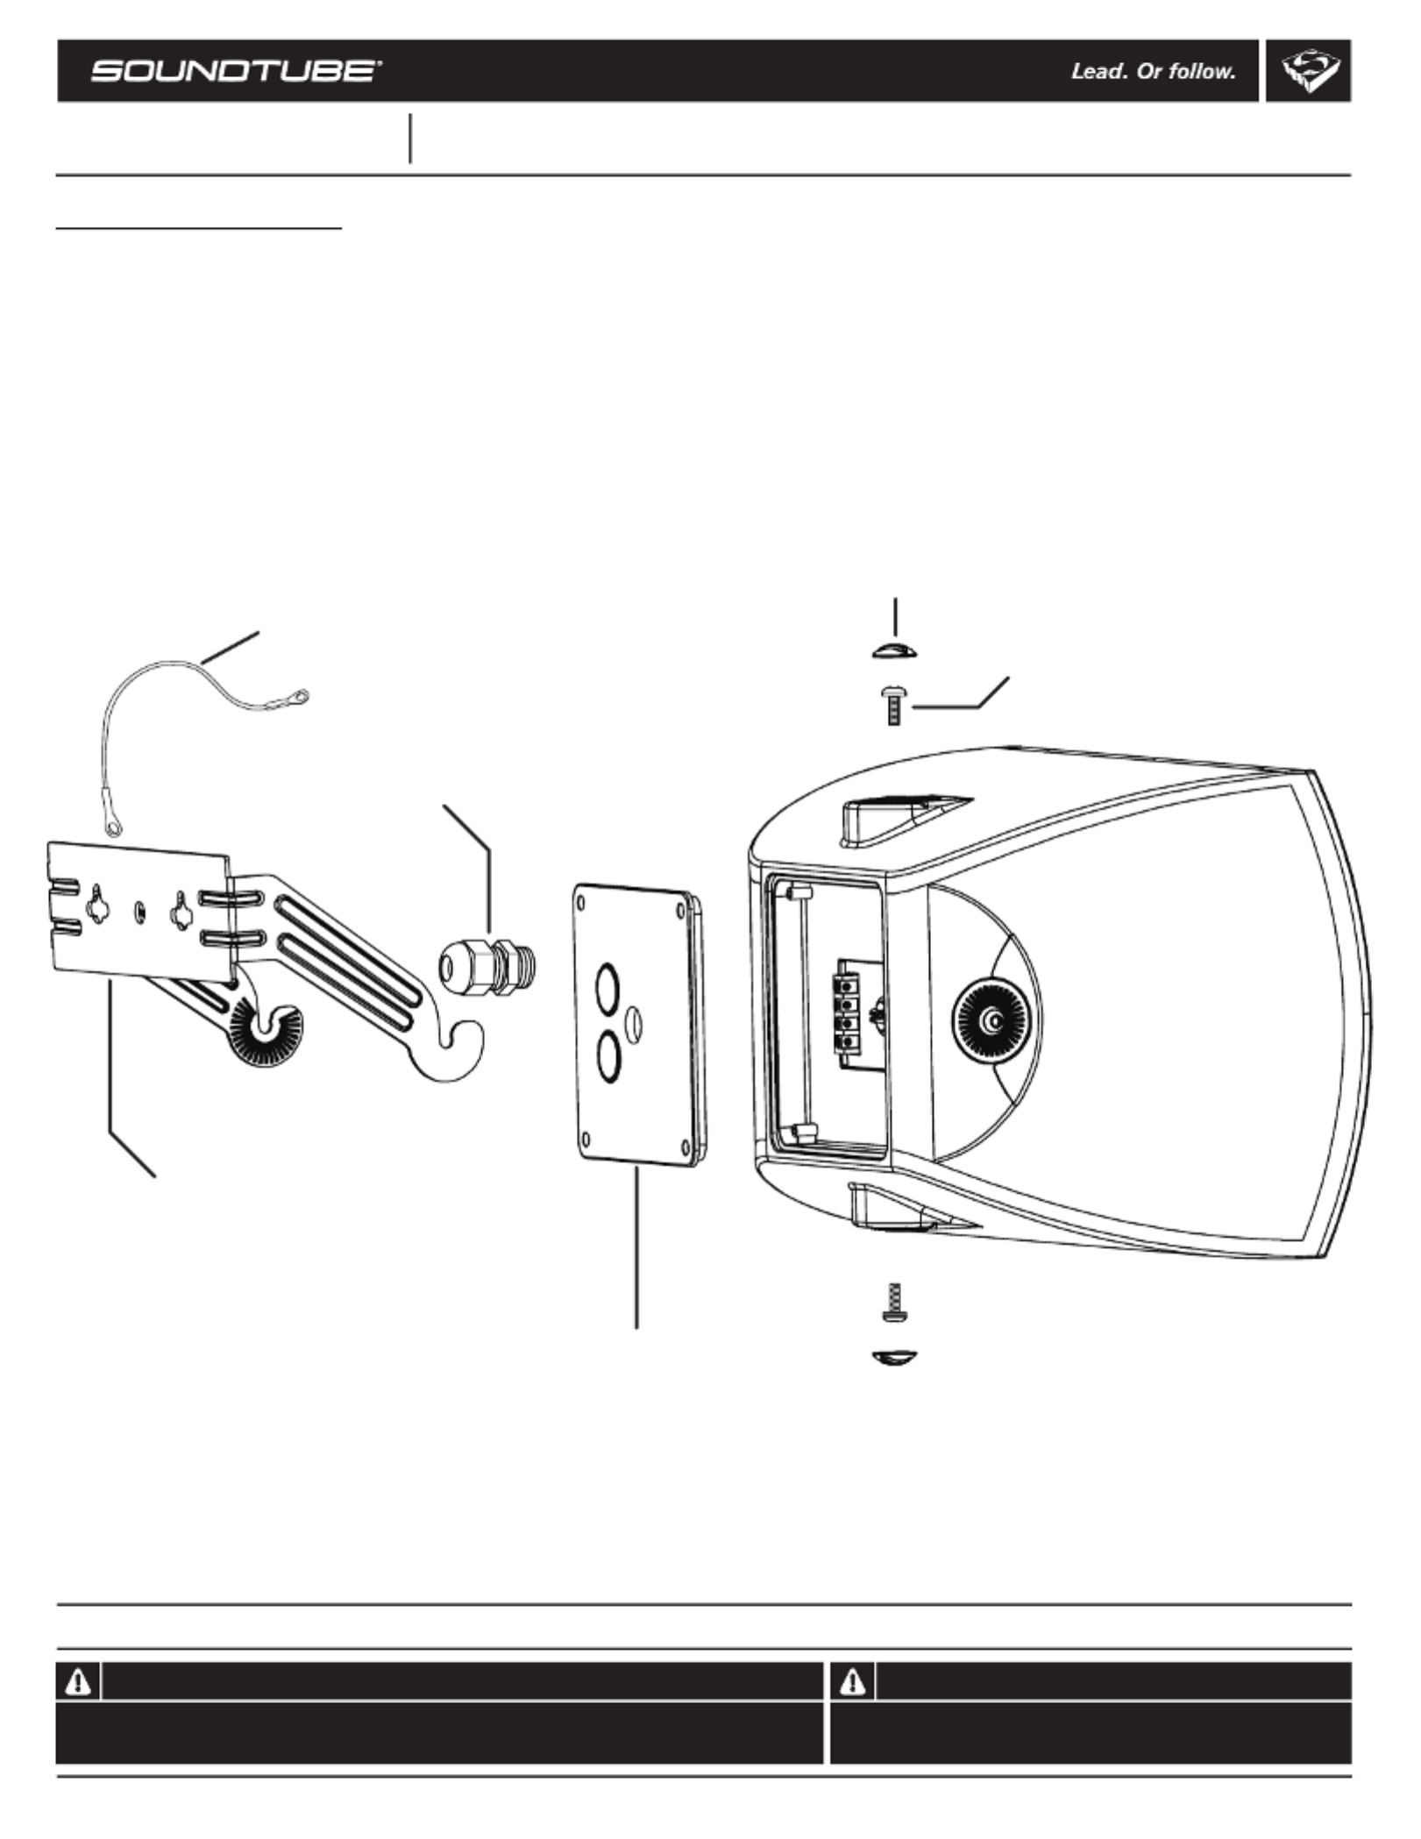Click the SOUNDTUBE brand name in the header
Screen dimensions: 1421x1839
pyautogui.click(x=235, y=71)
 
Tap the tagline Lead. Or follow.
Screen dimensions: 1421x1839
pyautogui.click(x=1153, y=72)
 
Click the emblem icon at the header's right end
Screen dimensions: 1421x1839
pyautogui.click(x=1309, y=72)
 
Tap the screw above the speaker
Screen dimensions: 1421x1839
pyautogui.click(x=893, y=705)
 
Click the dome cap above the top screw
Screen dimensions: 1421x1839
pyautogui.click(x=894, y=650)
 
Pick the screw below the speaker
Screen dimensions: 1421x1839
pyautogui.click(x=894, y=1304)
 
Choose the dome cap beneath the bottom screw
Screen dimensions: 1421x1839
pyautogui.click(x=895, y=1358)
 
